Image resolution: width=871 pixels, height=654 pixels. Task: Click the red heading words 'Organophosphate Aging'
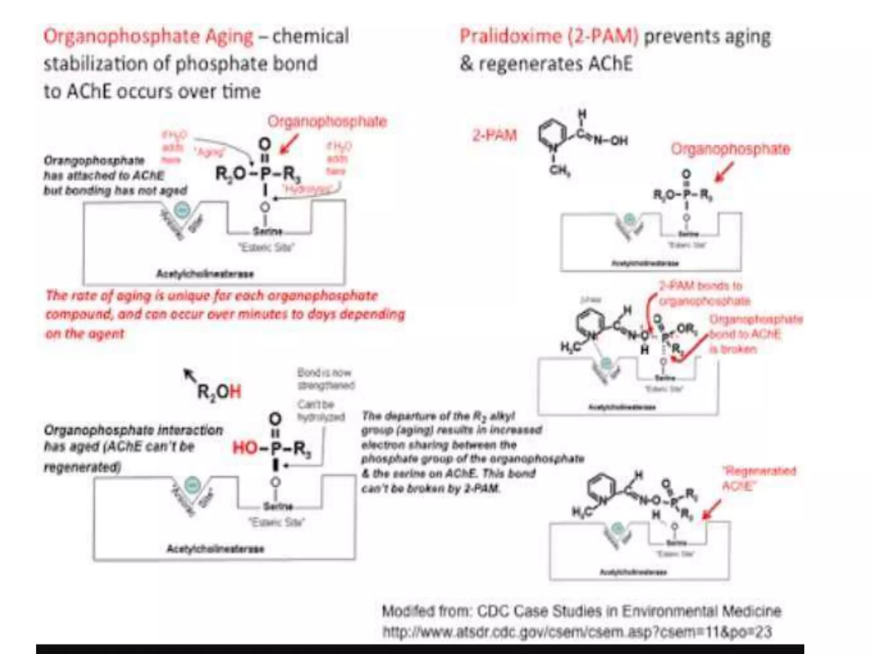[x=148, y=36]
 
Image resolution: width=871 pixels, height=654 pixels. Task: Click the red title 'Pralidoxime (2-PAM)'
[x=549, y=36]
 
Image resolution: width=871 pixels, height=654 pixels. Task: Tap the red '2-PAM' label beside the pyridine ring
[x=495, y=136]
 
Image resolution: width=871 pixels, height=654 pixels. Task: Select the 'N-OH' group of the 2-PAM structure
[x=610, y=140]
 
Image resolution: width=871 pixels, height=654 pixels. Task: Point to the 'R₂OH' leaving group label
[x=219, y=391]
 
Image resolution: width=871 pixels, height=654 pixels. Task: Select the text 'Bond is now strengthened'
[x=325, y=379]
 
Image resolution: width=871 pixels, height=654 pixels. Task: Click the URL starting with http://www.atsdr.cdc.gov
[x=577, y=631]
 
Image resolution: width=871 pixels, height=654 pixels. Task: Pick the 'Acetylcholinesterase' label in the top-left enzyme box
[x=205, y=273]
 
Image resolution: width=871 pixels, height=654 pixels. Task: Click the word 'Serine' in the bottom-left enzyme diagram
[x=278, y=506]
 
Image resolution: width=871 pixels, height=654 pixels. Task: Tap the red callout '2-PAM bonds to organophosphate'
[x=704, y=293]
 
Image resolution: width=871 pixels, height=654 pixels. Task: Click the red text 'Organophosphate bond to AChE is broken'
[x=755, y=334]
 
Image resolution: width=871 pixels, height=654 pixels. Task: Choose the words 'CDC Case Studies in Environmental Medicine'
[x=629, y=611]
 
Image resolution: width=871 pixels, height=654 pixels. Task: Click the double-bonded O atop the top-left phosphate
[x=265, y=144]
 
